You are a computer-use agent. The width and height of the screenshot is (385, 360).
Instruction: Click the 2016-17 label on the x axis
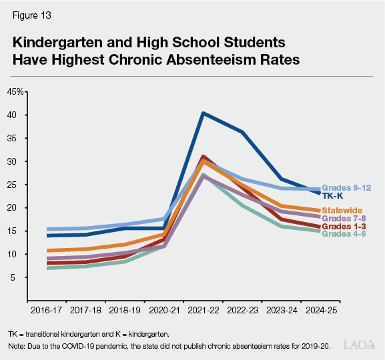[47, 310]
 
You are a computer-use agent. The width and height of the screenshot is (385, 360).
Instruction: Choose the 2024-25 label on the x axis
[321, 310]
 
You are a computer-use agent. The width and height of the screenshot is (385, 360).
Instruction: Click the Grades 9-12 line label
[347, 188]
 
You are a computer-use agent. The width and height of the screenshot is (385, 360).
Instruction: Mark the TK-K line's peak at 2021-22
[203, 113]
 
